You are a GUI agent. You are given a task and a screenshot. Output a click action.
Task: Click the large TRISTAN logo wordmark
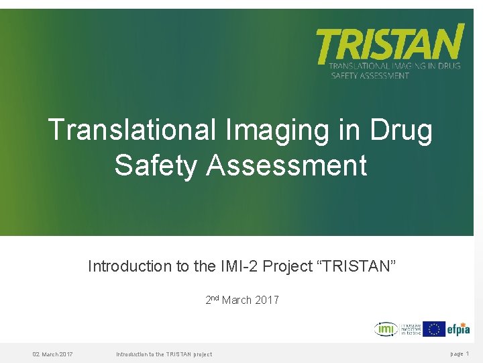click(x=390, y=44)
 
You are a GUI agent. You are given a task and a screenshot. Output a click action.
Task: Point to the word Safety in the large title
click(x=155, y=165)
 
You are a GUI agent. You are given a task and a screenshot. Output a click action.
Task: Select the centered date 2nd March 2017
click(x=242, y=300)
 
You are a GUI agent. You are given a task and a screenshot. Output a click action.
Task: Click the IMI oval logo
click(x=385, y=329)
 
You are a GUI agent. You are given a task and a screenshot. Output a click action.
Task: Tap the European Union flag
click(x=433, y=329)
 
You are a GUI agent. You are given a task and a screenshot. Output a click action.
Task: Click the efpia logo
click(x=459, y=329)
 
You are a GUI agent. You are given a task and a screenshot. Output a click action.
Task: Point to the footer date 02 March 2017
click(x=53, y=354)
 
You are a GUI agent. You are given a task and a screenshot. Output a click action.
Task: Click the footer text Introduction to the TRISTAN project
click(x=164, y=354)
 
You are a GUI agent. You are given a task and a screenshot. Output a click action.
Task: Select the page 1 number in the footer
click(x=460, y=354)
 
